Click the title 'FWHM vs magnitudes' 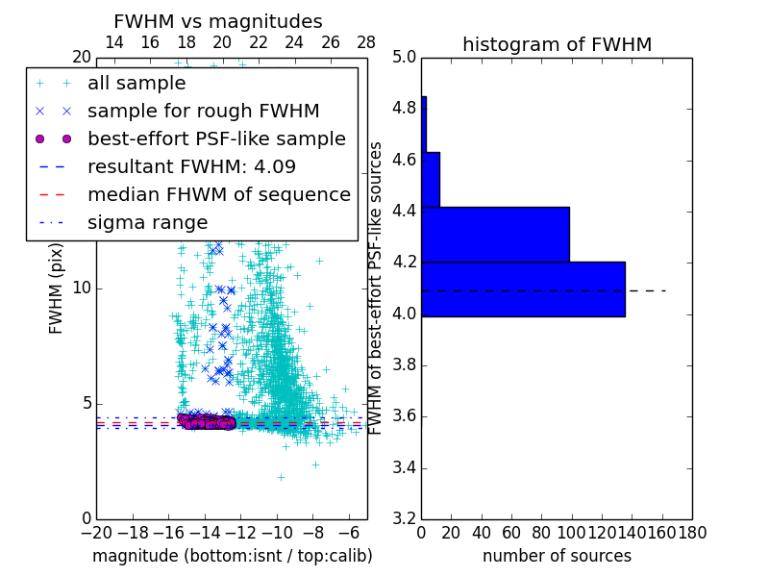point(218,21)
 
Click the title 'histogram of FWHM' point(557,44)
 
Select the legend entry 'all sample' point(136,84)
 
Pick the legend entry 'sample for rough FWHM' point(203,111)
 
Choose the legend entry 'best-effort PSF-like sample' point(216,138)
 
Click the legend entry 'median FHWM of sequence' point(218,194)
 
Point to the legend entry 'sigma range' point(147,222)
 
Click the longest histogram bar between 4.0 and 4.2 point(523,288)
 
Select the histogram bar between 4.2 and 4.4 point(495,234)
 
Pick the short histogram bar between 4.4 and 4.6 point(431,179)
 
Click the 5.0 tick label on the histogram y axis point(404,57)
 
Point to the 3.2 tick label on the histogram point(404,519)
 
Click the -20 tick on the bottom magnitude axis point(96,533)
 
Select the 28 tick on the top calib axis point(366,42)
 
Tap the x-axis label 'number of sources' point(557,556)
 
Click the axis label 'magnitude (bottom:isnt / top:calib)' point(232,556)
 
